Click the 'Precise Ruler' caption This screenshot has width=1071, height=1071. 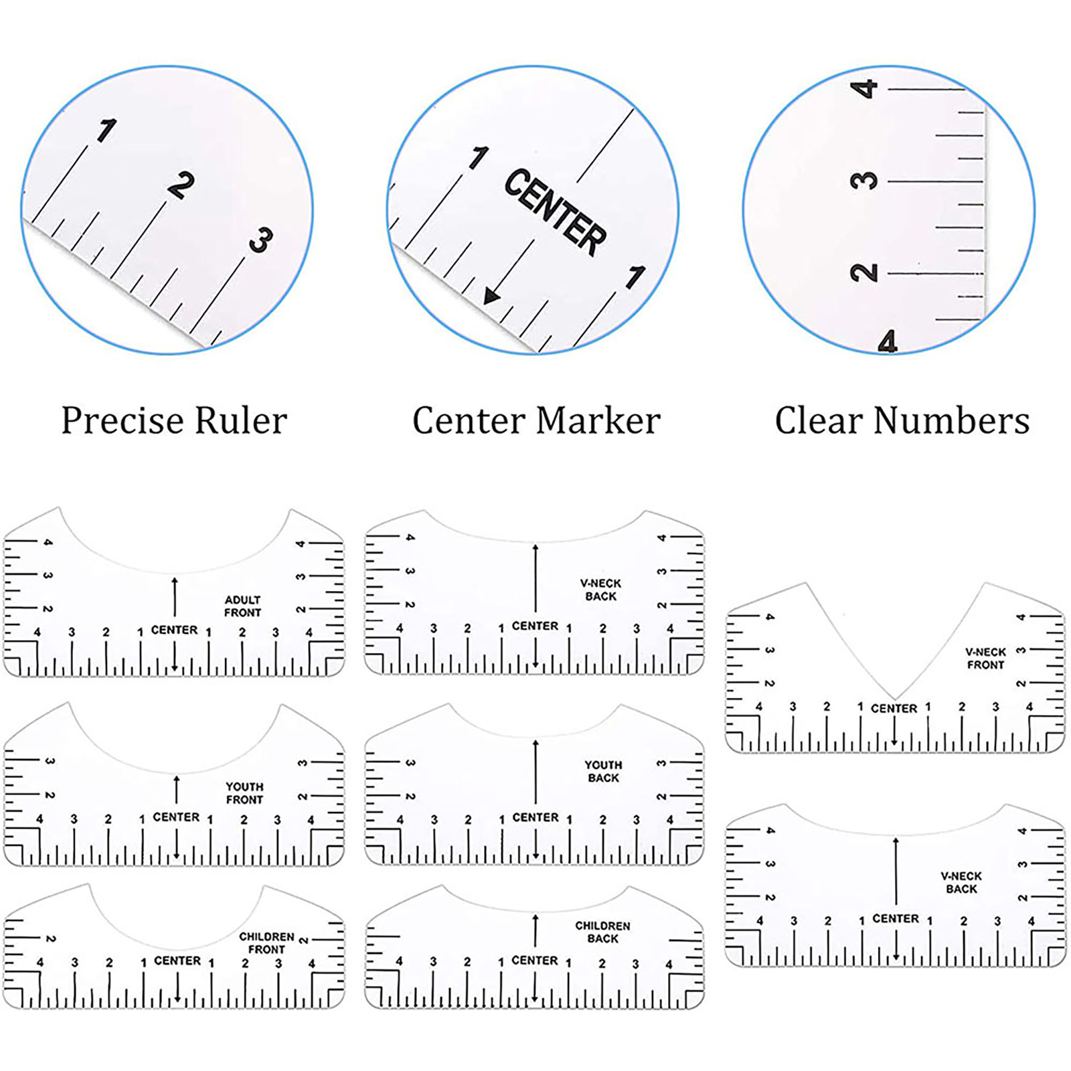(174, 421)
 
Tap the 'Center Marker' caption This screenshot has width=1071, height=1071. (536, 421)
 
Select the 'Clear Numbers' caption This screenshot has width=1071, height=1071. (902, 421)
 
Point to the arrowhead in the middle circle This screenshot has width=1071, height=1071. (492, 295)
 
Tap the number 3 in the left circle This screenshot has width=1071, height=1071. (260, 240)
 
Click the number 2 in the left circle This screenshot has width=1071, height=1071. (180, 185)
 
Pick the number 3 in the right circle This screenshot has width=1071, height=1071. (864, 181)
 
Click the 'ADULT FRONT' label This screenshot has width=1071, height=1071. (242, 606)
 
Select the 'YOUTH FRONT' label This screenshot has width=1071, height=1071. (244, 793)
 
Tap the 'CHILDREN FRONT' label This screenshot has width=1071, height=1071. (266, 943)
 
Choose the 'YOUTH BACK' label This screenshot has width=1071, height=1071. (603, 771)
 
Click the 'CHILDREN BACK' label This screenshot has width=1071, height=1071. (602, 932)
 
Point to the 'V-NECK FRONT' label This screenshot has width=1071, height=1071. (985, 659)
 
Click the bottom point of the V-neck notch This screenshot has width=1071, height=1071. (894, 699)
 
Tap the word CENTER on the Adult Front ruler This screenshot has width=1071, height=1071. (174, 630)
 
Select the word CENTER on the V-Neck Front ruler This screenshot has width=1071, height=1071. (894, 708)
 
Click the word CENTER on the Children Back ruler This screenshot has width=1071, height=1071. (534, 961)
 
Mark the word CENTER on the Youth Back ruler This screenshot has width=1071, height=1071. (535, 817)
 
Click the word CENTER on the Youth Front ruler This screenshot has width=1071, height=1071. (176, 817)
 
